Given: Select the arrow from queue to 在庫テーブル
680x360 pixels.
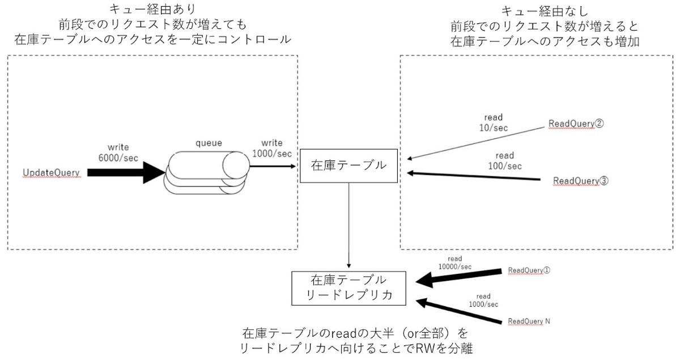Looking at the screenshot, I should coord(273,167).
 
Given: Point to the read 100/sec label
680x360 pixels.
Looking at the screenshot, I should coord(504,160).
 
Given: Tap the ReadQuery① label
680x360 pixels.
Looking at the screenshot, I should coord(529,270).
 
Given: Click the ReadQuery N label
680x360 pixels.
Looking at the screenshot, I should coord(529,321).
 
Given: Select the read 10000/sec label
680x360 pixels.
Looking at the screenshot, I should coord(456,262).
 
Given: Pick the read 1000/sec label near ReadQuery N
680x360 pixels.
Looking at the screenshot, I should coord(483,300).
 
